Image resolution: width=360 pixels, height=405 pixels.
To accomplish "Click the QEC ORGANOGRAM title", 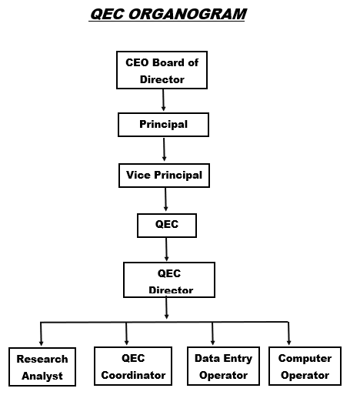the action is point(168,14).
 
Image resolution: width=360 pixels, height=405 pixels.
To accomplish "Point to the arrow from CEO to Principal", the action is point(163,100).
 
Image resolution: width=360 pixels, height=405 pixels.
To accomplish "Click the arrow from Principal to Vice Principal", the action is point(164,149).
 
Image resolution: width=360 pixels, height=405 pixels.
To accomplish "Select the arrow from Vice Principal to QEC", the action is point(165,199).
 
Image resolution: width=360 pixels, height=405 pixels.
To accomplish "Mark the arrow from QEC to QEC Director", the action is point(166,249).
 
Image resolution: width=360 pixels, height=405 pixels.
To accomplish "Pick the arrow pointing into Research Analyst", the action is point(41,333).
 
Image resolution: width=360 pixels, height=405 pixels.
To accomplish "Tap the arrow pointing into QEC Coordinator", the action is point(126,333).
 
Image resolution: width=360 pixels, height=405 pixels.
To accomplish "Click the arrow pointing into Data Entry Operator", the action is point(212,333).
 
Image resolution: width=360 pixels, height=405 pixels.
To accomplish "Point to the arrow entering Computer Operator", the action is point(288,333).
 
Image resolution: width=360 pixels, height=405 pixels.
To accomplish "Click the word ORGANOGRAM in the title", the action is point(188,14).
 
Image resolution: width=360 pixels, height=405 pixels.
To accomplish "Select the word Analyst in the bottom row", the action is point(42,376).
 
